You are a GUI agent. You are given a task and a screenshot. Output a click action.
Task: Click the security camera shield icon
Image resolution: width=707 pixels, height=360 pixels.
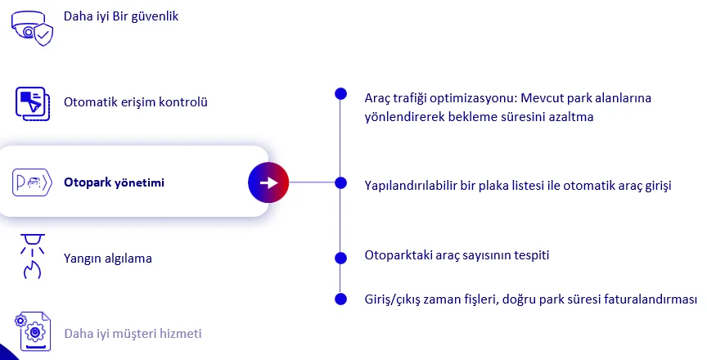[x=32, y=29]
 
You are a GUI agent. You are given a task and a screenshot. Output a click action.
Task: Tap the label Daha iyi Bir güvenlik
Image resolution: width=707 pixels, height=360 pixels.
[x=121, y=16]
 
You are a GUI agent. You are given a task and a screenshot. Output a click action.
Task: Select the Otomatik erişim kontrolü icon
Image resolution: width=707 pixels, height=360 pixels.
[x=33, y=104]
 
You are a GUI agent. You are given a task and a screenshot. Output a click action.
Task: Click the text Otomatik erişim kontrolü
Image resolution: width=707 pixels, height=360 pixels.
[x=136, y=102]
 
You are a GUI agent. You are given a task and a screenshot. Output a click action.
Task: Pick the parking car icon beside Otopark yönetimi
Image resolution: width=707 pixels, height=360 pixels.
[x=32, y=182]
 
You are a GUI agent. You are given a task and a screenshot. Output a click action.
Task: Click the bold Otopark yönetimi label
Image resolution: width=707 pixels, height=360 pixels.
[x=114, y=182]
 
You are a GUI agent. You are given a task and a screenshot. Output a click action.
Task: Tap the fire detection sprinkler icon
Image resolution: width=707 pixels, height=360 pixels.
[x=32, y=256]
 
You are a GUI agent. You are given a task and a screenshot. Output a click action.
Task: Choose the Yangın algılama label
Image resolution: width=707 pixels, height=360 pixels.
[x=108, y=259]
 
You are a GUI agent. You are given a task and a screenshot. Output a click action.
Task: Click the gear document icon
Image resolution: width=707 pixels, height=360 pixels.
[x=33, y=331]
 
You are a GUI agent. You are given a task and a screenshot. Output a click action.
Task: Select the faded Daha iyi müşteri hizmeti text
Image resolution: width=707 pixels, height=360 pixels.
[x=133, y=334]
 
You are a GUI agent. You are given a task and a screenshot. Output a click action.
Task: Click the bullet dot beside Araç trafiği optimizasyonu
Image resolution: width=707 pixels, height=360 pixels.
[x=341, y=94]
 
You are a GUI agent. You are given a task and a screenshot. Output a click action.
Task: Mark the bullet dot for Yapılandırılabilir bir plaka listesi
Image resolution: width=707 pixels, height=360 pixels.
[x=341, y=182]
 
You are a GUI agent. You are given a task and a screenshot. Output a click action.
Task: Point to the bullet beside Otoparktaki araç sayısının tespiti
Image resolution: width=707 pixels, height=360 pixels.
[x=341, y=259]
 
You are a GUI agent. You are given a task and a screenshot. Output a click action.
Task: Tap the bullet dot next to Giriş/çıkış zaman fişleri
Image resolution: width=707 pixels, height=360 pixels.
[x=341, y=299]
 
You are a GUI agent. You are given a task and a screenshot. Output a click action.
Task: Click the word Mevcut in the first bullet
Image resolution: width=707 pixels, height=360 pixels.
[x=542, y=97]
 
